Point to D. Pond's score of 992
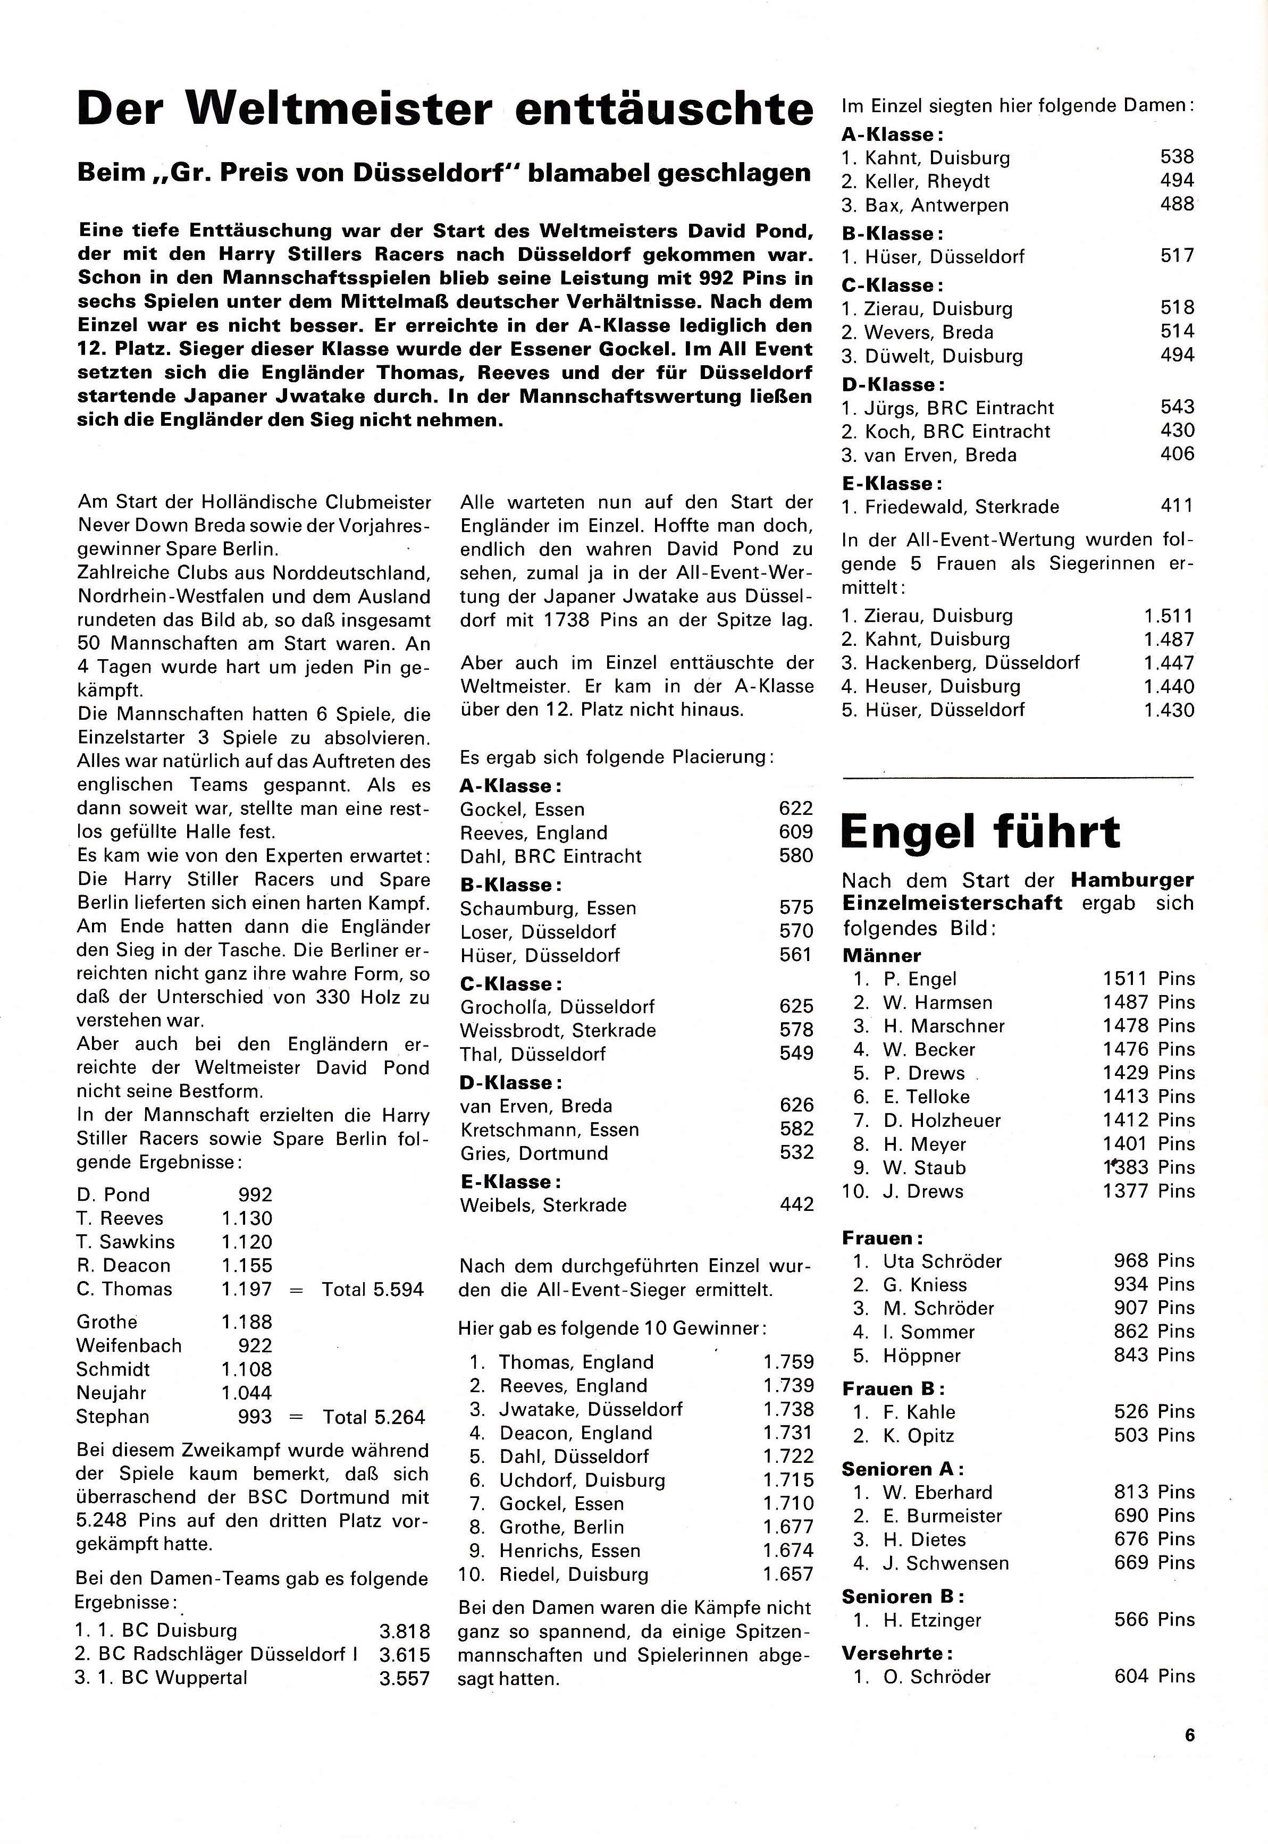[x=255, y=1194]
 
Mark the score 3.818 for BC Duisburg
[x=405, y=1631]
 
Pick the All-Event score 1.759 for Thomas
[x=788, y=1362]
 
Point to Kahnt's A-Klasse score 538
[x=1177, y=157]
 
